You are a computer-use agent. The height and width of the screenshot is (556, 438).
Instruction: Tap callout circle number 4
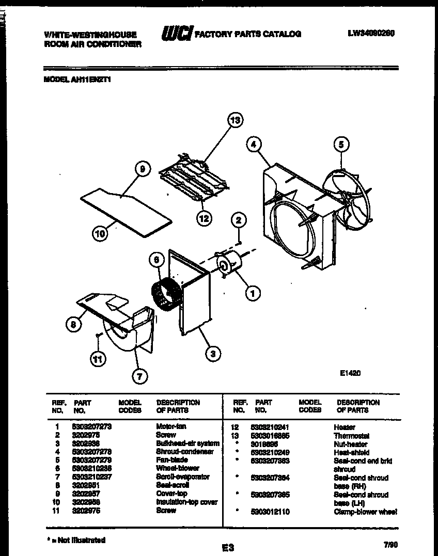[253, 145]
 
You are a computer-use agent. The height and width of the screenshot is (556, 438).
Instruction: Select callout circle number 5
[340, 145]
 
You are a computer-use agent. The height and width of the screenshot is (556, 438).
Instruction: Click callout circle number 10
[100, 234]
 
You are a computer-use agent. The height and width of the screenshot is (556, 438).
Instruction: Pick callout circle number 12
[204, 218]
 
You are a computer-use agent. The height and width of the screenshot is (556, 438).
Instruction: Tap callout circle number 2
[238, 220]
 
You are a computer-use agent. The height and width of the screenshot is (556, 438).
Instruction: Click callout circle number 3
[212, 354]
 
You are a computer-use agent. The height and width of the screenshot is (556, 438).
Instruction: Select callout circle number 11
[97, 358]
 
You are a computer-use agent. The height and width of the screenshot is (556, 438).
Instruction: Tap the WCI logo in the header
[177, 34]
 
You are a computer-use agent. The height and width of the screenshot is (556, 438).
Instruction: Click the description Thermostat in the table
[351, 436]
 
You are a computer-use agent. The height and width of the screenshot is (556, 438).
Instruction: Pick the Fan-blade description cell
[172, 459]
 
